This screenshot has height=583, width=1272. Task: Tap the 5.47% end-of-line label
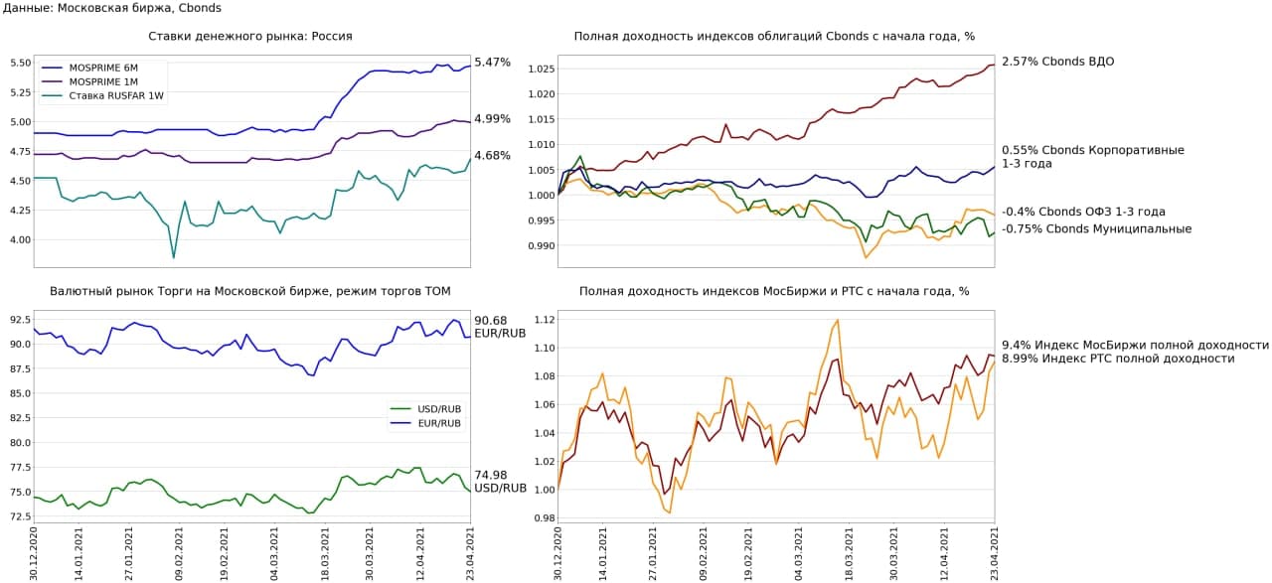point(492,63)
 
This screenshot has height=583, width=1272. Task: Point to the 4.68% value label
point(492,156)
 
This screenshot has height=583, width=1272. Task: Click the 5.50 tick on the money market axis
point(19,63)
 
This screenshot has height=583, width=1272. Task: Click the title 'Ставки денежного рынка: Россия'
point(250,37)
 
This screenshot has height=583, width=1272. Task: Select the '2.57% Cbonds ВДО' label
point(1057,62)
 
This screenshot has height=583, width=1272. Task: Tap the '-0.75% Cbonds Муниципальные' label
point(1096,229)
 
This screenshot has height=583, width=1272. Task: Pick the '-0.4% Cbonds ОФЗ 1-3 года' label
point(1083,212)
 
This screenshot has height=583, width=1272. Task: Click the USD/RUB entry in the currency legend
point(438,408)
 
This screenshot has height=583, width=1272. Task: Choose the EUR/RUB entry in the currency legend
point(438,423)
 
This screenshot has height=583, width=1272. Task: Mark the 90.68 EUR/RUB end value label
point(500,327)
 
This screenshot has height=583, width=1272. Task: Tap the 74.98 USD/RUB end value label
point(500,482)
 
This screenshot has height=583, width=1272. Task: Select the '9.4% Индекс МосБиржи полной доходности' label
point(1135,346)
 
